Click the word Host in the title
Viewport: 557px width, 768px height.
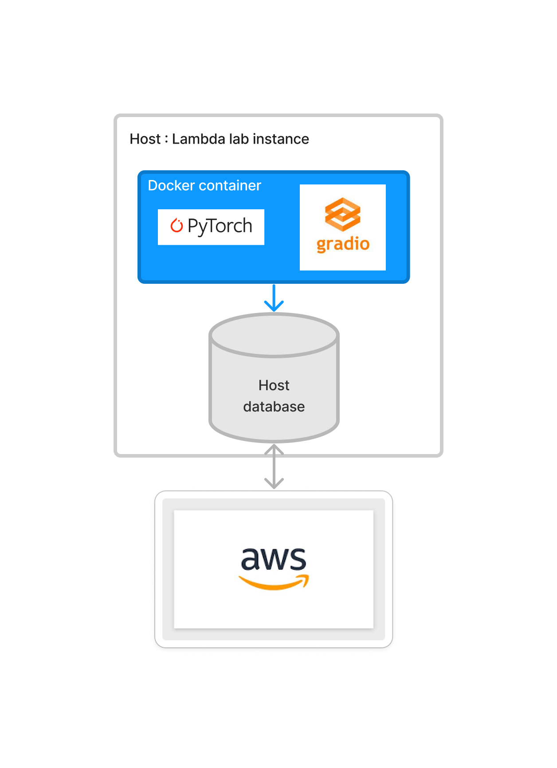[145, 139]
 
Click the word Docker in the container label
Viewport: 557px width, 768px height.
[171, 185]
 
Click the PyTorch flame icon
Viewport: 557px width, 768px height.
[177, 226]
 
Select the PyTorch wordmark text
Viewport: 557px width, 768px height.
[220, 226]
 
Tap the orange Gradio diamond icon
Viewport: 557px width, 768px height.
[342, 215]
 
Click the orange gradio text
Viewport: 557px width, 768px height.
[343, 244]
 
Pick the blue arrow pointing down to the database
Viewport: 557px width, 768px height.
[274, 298]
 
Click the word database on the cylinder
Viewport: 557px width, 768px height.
[274, 407]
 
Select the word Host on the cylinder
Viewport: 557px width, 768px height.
[274, 385]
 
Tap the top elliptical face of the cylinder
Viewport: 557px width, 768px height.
[274, 335]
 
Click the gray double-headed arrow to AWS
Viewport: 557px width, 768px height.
[274, 467]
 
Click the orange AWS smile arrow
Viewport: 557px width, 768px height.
[274, 583]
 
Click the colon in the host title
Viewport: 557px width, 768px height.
[166, 139]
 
